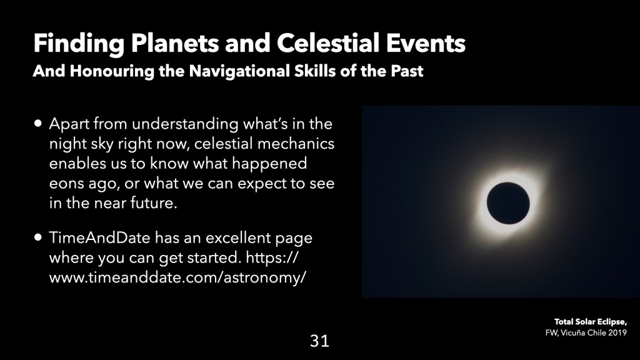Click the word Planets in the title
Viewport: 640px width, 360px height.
pos(175,43)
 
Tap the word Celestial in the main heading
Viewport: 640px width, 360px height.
pos(328,43)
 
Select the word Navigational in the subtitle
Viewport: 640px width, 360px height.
pos(239,71)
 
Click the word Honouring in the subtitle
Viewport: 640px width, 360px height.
pos(112,71)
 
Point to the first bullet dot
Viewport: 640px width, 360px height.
pos(38,123)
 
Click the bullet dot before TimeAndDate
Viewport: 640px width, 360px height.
pos(38,237)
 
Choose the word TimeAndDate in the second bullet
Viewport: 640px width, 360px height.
pos(99,237)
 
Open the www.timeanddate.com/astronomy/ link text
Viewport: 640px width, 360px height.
pos(177,277)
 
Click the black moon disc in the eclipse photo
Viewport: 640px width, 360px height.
pos(508,203)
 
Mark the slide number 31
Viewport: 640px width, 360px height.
pos(319,341)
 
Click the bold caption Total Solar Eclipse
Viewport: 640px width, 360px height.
pos(590,322)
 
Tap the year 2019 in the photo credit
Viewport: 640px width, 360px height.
pos(617,332)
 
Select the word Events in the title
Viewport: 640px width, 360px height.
pos(426,43)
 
